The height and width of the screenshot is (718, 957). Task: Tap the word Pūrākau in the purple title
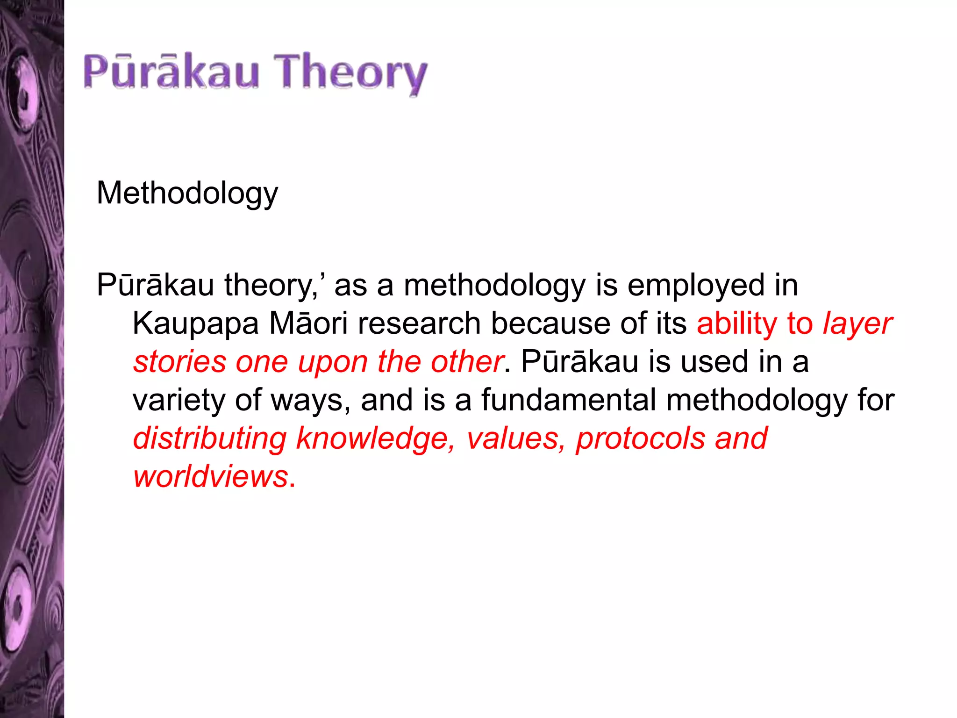click(x=171, y=72)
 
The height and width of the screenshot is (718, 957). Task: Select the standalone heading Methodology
click(x=187, y=194)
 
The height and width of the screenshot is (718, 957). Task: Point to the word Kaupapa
click(x=195, y=324)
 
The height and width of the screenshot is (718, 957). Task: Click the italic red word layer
click(x=857, y=324)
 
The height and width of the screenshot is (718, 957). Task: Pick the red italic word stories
click(x=180, y=362)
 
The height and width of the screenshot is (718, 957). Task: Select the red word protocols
click(x=640, y=439)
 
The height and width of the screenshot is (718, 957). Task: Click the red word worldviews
click(x=211, y=477)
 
